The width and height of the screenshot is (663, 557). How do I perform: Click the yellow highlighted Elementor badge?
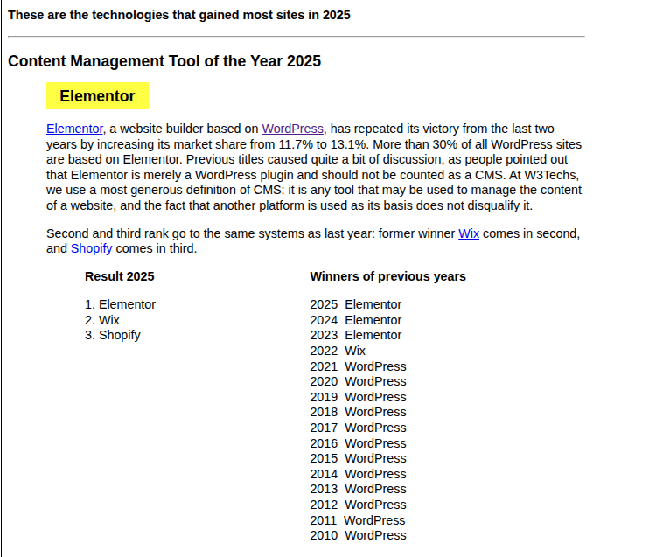[x=97, y=96]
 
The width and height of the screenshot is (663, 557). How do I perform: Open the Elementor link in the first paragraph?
[x=74, y=129]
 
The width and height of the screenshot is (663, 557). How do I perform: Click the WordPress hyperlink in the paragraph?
[x=293, y=129]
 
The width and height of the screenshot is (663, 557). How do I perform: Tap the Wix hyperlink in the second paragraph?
[x=469, y=233]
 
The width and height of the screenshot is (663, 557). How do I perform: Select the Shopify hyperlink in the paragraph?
[x=92, y=248]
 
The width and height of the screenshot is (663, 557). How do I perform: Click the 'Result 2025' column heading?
[x=120, y=276]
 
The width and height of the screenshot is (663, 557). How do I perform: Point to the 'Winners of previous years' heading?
[x=387, y=276]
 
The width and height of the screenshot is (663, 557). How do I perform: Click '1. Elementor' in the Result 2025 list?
[x=120, y=304]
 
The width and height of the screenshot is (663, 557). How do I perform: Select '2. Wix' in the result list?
[x=102, y=320]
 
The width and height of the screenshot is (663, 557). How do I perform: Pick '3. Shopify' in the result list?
[x=113, y=335]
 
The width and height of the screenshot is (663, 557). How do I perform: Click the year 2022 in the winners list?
[x=324, y=351]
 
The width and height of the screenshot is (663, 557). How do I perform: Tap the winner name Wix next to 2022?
[x=355, y=351]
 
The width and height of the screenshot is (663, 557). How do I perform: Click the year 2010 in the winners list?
[x=324, y=535]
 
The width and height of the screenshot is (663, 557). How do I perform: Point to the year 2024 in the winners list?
[x=324, y=320]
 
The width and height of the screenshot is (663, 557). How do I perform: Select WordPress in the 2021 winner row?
[x=375, y=366]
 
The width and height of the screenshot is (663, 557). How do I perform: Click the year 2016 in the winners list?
[x=324, y=443]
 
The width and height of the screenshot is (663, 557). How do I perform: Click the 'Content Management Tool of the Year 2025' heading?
[x=164, y=61]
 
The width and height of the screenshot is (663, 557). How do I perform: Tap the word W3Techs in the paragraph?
[x=556, y=175]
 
